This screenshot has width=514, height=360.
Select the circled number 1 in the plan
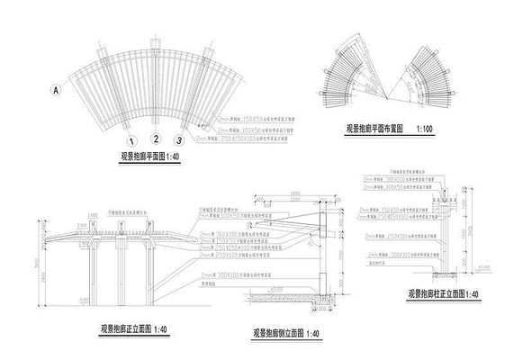[x=132, y=141]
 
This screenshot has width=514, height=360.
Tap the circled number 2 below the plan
[x=155, y=139]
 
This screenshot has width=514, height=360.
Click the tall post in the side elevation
[x=325, y=261]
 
